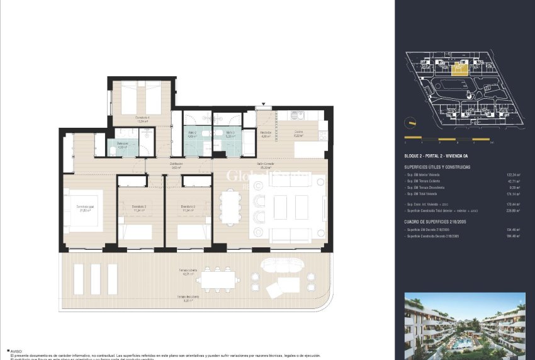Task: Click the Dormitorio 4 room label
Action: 142,117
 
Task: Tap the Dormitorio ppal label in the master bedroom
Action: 85,208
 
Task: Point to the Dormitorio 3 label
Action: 187,207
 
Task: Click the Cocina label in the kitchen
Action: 298,132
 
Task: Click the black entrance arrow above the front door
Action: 264,104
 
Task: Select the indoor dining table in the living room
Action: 230,208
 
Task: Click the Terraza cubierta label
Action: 187,270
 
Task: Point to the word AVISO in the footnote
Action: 16,352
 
